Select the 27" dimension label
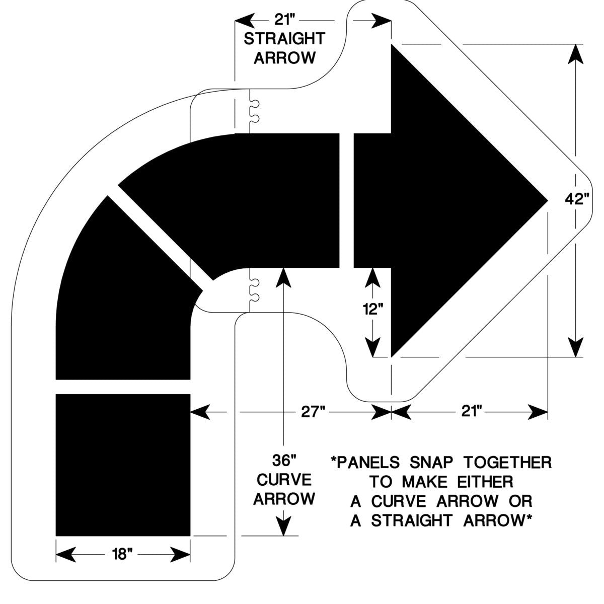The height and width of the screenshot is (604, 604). [x=311, y=412]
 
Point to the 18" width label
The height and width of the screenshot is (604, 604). [x=123, y=555]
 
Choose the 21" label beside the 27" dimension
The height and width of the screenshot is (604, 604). [x=470, y=412]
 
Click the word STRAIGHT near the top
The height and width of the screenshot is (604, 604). [x=284, y=39]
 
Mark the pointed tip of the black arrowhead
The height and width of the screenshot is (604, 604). [x=547, y=200]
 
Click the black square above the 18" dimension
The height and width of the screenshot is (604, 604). [x=123, y=465]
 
